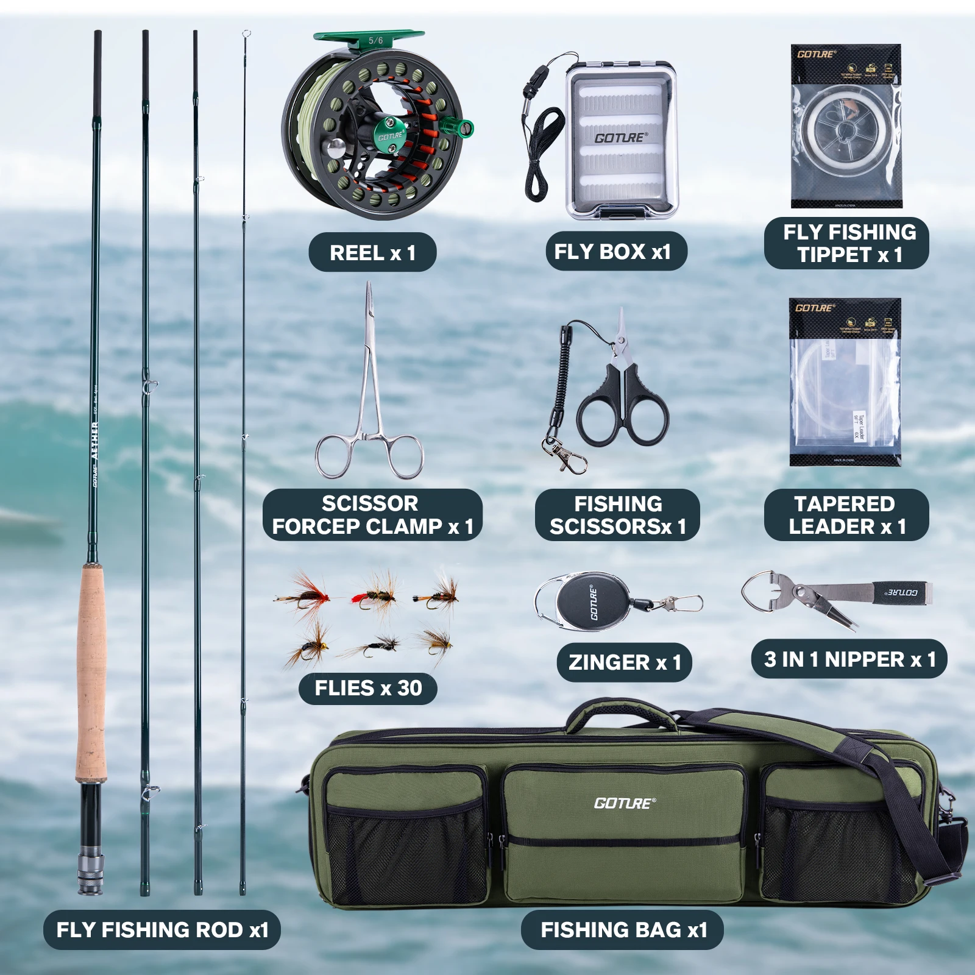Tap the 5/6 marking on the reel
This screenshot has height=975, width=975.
tap(376, 41)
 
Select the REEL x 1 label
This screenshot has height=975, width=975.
tap(372, 252)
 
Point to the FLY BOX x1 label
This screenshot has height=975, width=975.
tap(612, 251)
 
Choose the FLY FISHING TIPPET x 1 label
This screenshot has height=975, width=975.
tap(847, 243)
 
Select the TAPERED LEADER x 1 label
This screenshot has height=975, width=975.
tap(846, 515)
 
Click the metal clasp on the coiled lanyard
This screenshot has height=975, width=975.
tap(564, 454)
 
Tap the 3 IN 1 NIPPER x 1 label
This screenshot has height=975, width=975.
tap(849, 659)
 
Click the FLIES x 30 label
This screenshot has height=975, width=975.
tap(368, 688)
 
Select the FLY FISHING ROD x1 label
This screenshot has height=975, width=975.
tap(162, 930)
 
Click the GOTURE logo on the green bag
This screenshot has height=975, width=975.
tap(625, 803)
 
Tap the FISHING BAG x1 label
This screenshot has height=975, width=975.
tap(623, 930)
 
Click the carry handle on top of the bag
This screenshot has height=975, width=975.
tap(622, 710)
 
